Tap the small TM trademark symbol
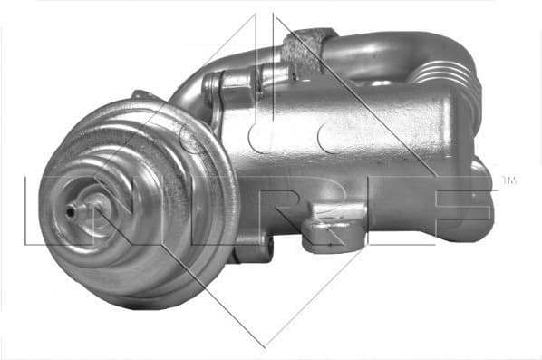[x=508, y=180]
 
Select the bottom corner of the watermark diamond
[x=264, y=345]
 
